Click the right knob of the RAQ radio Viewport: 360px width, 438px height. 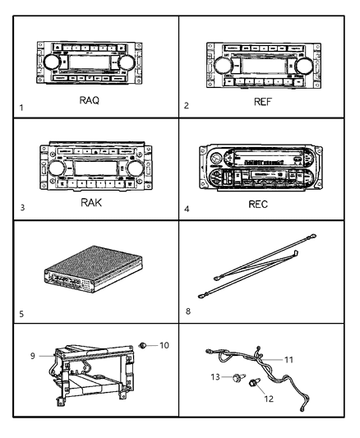tap(127, 63)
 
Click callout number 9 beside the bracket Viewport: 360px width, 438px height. tap(33, 356)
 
